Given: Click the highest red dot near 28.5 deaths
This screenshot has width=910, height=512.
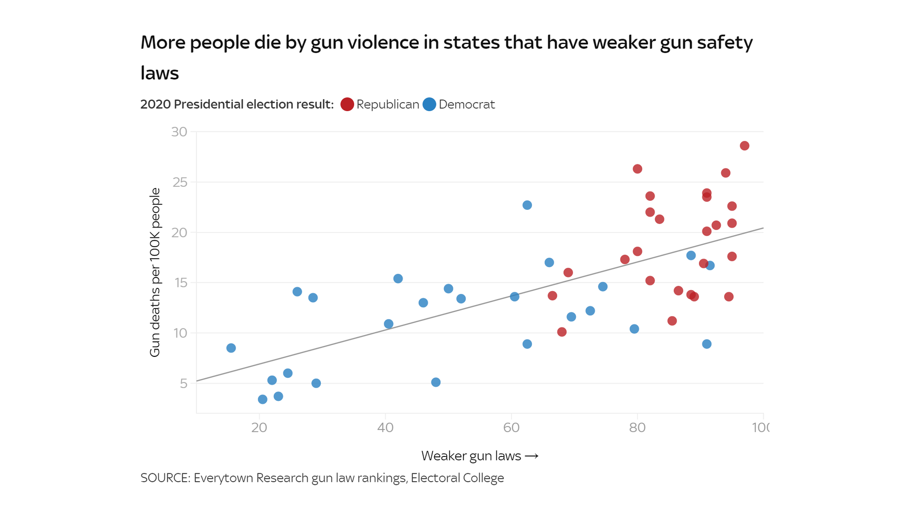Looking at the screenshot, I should point(744,146).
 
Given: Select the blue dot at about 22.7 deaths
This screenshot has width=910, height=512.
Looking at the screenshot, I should point(527,205).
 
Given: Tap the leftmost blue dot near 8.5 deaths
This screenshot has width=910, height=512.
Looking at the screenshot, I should point(231,348).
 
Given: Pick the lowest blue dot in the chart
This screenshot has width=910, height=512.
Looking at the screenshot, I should point(263,399).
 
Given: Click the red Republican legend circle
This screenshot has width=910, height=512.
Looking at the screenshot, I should point(347,104).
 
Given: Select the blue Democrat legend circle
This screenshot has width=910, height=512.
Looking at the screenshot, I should point(429,104).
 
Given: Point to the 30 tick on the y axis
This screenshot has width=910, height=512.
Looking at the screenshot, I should point(179,132).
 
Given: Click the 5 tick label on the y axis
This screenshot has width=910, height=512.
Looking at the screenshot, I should point(184,384).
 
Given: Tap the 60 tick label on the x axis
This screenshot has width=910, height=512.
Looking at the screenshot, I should point(511,428).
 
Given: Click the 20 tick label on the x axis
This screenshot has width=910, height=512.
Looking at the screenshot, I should point(259,428).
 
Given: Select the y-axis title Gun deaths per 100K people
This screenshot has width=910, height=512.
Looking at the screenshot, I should point(155,272).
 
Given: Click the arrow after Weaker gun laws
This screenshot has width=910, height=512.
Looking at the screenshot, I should point(531,456).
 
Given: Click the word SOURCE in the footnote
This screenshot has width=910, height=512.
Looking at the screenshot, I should point(165,478).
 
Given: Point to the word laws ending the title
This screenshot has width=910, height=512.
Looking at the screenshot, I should point(160,73).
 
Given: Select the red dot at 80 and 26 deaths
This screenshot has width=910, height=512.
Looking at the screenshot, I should point(637,169).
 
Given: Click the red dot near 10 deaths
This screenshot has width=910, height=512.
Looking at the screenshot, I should point(562,332).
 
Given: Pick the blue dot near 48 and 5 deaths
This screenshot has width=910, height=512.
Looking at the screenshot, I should point(436,382).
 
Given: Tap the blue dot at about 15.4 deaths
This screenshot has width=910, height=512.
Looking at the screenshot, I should point(398,279).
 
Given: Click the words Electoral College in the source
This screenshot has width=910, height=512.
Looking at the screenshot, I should point(457,478).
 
